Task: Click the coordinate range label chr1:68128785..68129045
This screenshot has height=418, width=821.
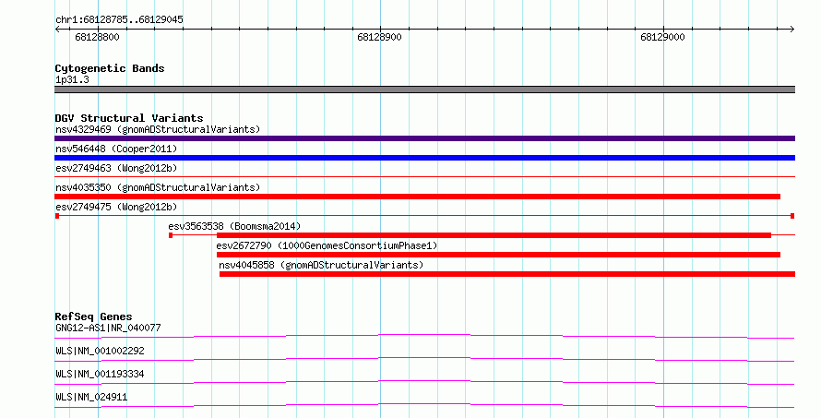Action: tap(119, 20)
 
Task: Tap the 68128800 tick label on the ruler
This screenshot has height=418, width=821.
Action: tap(98, 37)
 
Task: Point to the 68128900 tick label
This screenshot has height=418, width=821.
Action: tap(380, 37)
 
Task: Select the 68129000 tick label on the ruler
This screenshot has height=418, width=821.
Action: tap(662, 37)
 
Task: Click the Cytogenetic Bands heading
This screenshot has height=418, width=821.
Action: tap(110, 68)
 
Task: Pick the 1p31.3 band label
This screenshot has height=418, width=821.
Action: tap(72, 79)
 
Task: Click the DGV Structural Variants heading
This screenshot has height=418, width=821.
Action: tap(129, 118)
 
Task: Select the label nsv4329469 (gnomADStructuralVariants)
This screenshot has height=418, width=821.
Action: tap(158, 129)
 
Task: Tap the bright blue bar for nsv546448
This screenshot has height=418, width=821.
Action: tap(424, 158)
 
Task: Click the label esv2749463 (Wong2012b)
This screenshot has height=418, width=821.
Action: tap(116, 168)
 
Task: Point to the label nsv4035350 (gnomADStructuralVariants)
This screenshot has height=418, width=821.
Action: tap(158, 187)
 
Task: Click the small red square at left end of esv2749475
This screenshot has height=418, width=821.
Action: tap(57, 216)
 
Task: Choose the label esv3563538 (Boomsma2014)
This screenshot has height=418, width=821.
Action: tap(234, 226)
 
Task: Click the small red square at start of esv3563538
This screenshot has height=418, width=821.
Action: tap(171, 235)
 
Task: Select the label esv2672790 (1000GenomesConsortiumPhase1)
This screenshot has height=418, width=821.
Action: tap(327, 245)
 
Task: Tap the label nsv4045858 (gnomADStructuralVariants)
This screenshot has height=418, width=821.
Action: tap(321, 265)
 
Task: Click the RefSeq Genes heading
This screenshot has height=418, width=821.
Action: tap(93, 316)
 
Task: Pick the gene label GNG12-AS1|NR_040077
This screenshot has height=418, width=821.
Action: tap(108, 328)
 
